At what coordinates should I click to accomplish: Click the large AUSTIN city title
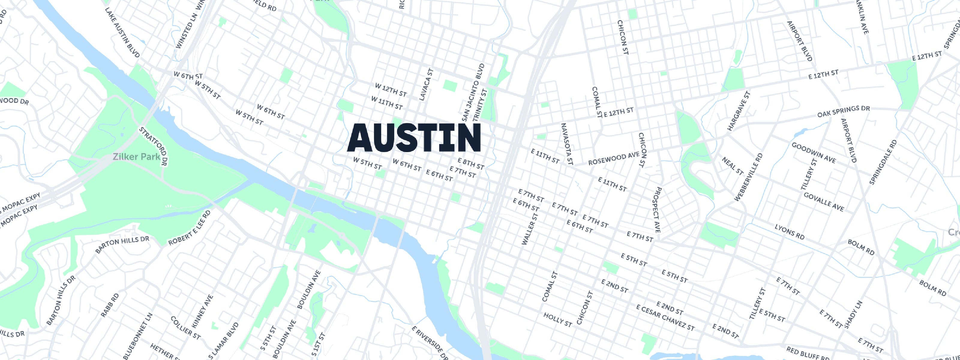click(x=414, y=138)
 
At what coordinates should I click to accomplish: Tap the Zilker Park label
click(x=136, y=157)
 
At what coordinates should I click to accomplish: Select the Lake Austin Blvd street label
click(x=122, y=33)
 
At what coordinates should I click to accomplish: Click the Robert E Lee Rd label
click(x=189, y=228)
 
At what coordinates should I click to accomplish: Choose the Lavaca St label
click(x=426, y=85)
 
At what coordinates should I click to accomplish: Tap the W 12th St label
click(x=391, y=90)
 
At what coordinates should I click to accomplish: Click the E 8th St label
click(x=471, y=163)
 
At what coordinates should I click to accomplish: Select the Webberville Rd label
click(x=748, y=177)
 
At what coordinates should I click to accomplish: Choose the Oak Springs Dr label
click(x=843, y=111)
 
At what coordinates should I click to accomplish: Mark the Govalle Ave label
click(x=823, y=202)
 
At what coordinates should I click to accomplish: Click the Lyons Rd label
click(x=789, y=232)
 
